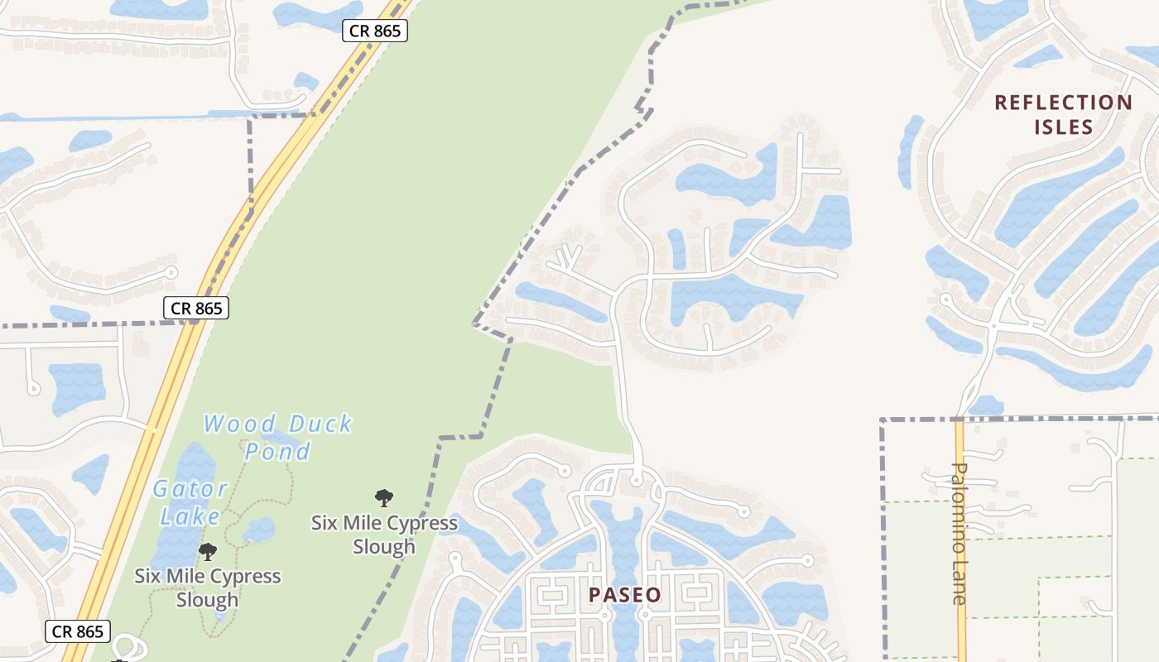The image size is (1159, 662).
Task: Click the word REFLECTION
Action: pos(1063,103)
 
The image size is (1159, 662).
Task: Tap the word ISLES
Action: pos(1063,127)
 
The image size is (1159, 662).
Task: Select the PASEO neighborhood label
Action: pos(625,595)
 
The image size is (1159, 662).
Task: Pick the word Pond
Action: pos(277,451)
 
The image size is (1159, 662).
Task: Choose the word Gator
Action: pos(190,489)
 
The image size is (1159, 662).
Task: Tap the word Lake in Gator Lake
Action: pos(190,517)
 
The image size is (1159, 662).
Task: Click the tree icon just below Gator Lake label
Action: pos(208,551)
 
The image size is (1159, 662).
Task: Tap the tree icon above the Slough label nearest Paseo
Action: pos(383,498)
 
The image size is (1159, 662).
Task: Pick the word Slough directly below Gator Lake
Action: pos(208,599)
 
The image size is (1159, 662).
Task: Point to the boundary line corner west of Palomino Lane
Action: pos(883,421)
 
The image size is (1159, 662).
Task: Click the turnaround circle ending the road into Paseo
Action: pos(637,479)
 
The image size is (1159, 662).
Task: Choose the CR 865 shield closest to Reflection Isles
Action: pos(375,31)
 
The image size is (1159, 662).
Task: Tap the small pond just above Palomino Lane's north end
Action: pos(986,405)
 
